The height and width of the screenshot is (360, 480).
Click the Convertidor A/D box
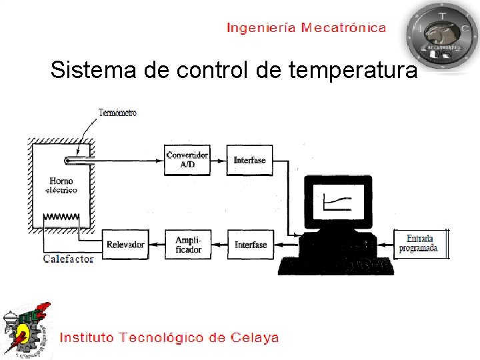[x=187, y=159]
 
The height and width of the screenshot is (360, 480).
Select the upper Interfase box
[x=249, y=160]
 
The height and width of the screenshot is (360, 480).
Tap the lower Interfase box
[x=250, y=245]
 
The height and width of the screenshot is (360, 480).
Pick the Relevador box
[x=125, y=245]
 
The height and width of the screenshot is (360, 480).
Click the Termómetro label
[x=117, y=113]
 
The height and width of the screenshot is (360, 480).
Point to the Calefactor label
[x=69, y=259]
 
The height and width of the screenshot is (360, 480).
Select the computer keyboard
[x=336, y=265]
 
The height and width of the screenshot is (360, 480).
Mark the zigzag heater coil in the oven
[x=61, y=217]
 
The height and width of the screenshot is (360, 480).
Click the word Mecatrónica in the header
[x=343, y=27]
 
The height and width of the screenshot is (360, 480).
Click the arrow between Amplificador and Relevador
[x=156, y=245]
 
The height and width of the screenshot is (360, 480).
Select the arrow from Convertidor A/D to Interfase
[x=217, y=160]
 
